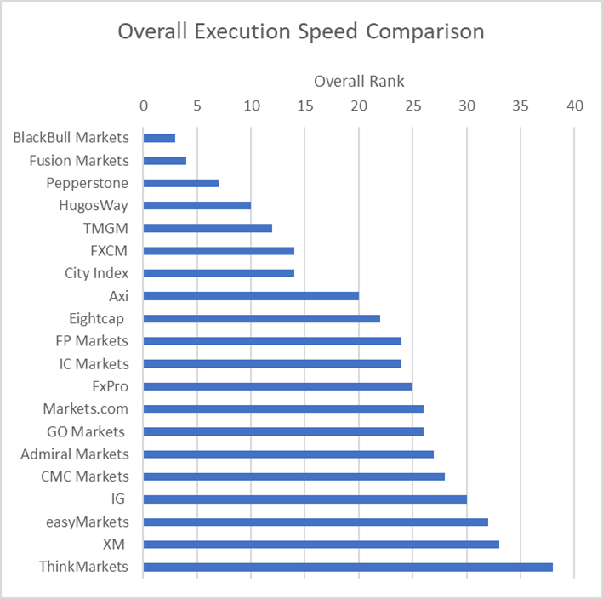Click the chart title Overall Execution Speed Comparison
pos(301,31)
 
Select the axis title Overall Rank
pos(359,82)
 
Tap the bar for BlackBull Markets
pos(159,138)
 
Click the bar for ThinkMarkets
pos(348,567)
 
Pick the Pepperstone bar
pos(181,183)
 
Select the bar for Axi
pos(251,296)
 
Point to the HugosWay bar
pos(197,205)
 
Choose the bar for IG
pos(304,499)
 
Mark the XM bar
pos(321,545)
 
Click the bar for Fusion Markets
pos(165,160)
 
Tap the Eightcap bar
pos(262,318)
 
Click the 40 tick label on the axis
pos(574,106)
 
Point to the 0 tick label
pos(144,106)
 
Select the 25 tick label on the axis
pos(412,106)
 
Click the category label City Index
pos(96,273)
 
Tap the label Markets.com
pos(90,408)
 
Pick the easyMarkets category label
pos(88,522)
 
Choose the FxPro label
pos(110,386)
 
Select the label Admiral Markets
pos(75,454)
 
